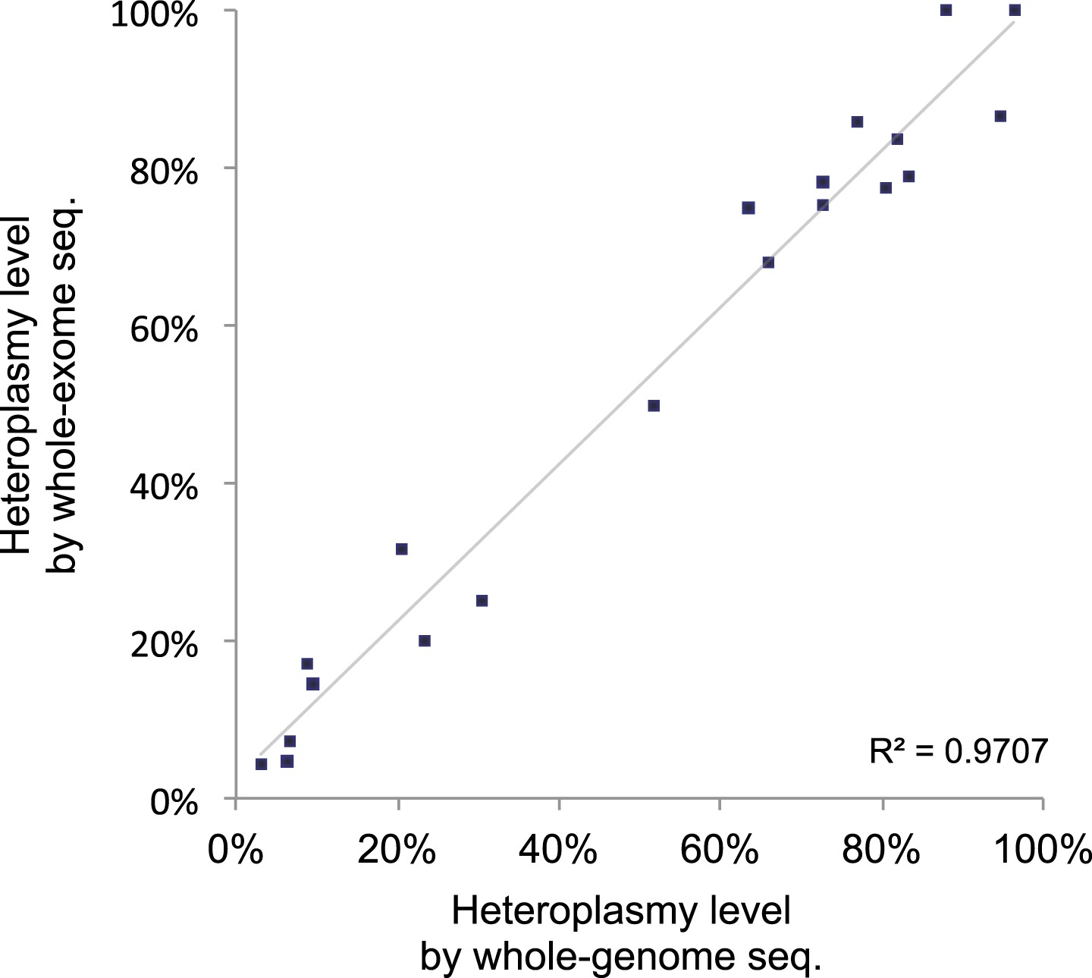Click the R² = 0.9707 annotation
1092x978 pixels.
coord(959,751)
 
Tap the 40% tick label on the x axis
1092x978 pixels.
coord(559,851)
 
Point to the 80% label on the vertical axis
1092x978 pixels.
coord(164,171)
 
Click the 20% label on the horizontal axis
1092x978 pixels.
coord(397,851)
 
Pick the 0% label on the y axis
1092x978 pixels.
coord(174,802)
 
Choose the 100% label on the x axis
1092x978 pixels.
coord(1043,851)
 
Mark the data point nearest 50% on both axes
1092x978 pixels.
coord(654,406)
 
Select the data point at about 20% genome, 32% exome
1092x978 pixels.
coord(402,549)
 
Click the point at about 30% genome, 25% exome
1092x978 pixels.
coord(482,601)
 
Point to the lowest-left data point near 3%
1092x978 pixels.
coord(262,764)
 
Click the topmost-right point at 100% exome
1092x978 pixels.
coord(1015,11)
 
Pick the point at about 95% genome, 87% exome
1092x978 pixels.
coord(1000,116)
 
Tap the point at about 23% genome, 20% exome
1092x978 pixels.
coord(425,641)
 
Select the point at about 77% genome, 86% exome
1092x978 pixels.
coord(857,122)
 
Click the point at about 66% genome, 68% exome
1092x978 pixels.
coord(768,263)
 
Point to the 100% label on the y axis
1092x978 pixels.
coord(154,15)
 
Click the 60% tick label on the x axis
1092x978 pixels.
coord(720,851)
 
